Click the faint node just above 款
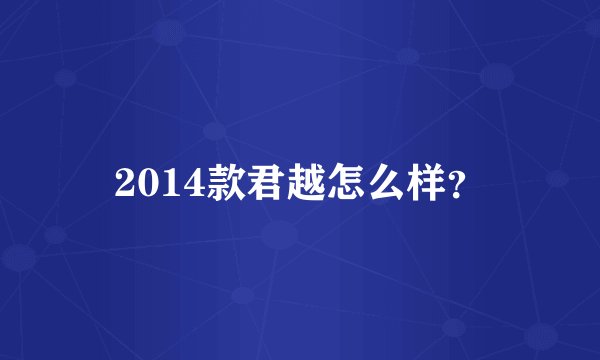tap(214, 131)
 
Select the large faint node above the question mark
tap(496, 75)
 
